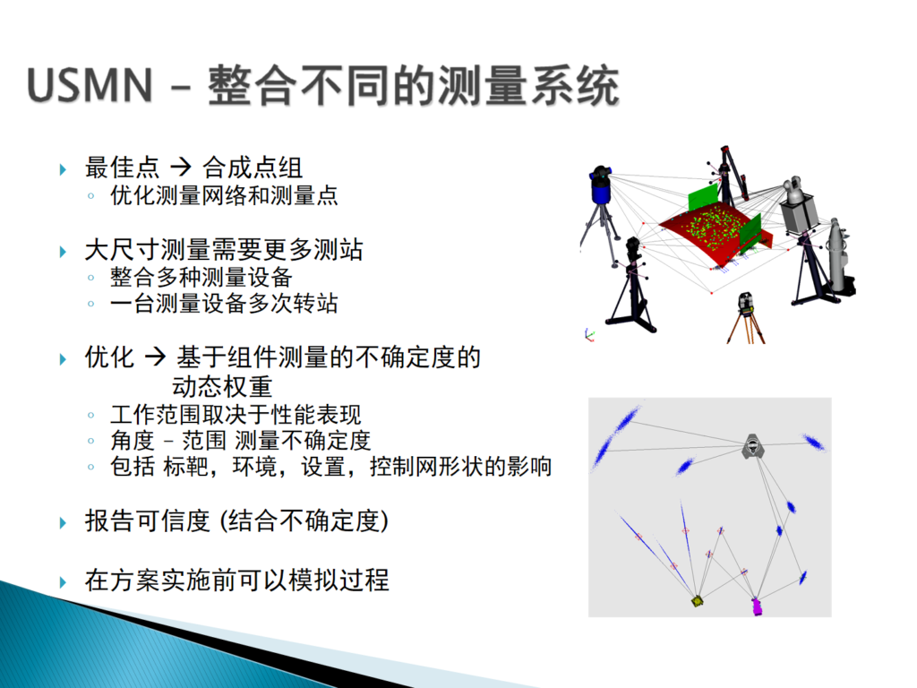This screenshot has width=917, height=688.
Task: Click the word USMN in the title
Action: pos(90,85)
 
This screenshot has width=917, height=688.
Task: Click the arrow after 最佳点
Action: pos(181,168)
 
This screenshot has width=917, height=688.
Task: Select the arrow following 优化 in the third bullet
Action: pos(156,357)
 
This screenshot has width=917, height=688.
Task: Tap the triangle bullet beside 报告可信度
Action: pos(64,522)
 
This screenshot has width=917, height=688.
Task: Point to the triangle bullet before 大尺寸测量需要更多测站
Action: pos(64,252)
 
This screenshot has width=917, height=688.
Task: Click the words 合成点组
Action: pos(252,168)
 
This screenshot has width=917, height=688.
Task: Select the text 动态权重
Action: pos(222,387)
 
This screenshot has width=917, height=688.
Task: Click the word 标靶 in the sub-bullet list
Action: pos(185,466)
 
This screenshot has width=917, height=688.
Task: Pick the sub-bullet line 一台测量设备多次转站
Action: pos(224,304)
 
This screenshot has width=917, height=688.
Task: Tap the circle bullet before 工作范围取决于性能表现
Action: pos(90,416)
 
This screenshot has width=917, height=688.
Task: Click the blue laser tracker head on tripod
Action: pos(601,185)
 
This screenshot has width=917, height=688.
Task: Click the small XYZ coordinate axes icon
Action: pos(589,335)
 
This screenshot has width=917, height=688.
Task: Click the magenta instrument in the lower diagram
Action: pos(757,606)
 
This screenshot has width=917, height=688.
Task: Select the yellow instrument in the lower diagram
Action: pos(697,601)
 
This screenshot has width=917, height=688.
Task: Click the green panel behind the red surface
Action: pos(704,198)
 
